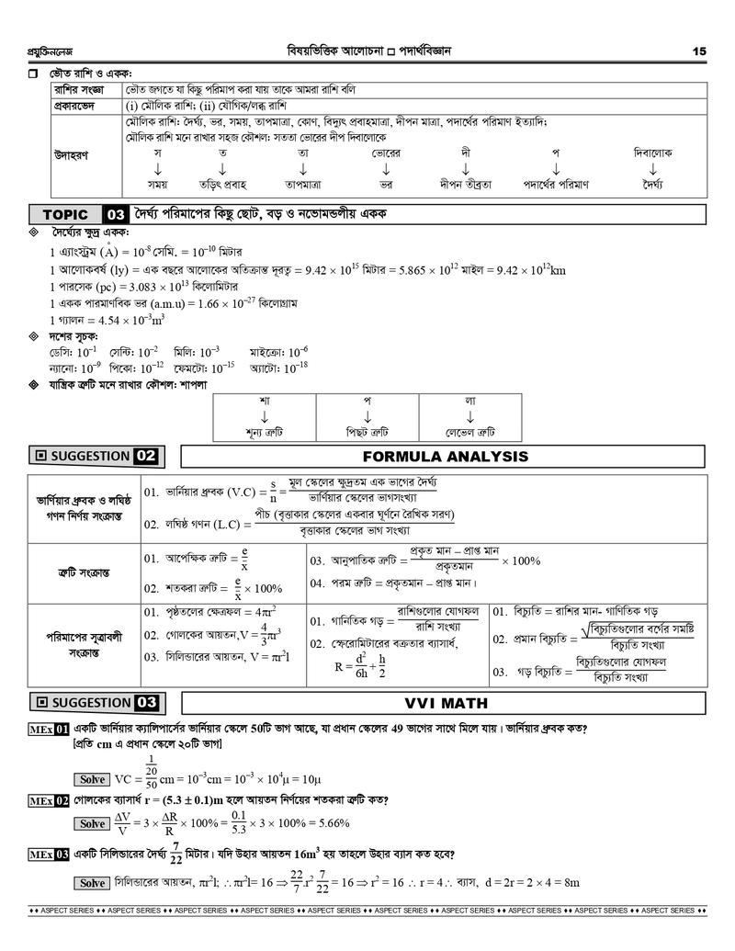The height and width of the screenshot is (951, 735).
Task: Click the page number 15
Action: [699, 51]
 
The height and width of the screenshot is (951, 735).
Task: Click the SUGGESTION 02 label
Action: [96, 456]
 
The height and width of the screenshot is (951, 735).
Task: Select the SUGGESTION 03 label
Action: [96, 703]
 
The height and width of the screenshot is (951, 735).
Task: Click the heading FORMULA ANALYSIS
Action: [445, 456]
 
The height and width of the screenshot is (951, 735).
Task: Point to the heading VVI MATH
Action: [445, 703]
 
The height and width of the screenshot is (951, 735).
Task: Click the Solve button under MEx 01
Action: [93, 779]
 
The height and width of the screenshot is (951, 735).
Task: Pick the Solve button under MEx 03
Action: [93, 883]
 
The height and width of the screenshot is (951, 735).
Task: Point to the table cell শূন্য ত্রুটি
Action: [264, 431]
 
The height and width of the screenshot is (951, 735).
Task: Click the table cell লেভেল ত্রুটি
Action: [469, 431]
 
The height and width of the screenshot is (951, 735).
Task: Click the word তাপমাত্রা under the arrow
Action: [301, 184]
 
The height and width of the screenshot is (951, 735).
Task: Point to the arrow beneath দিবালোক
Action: [652, 169]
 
